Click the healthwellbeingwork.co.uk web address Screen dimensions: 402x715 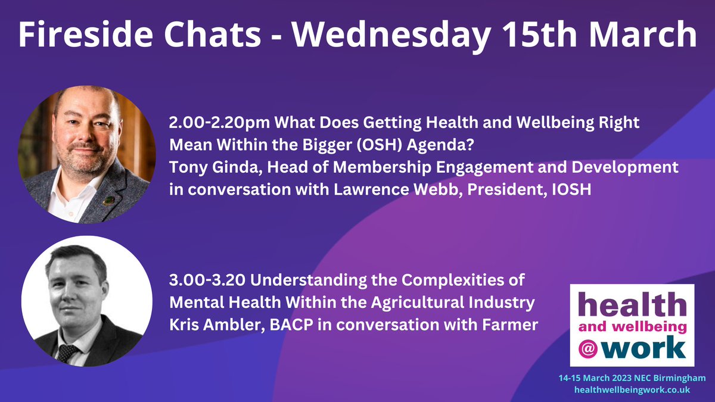[632, 389]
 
